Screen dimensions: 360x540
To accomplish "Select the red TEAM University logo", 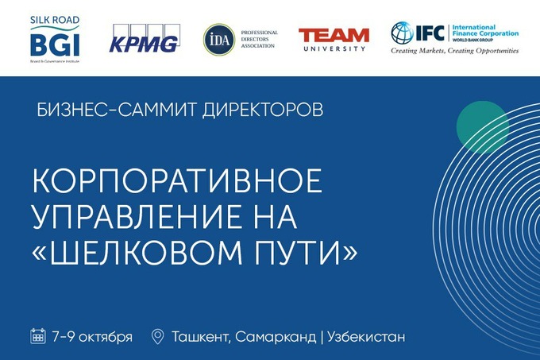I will (x=334, y=39).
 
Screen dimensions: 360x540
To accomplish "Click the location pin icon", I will (x=157, y=336).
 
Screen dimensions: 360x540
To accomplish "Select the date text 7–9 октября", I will (x=92, y=336).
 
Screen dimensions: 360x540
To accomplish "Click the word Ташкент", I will (x=201, y=337).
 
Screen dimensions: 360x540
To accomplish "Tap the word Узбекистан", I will (x=366, y=337).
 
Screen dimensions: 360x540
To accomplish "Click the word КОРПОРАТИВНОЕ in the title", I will (x=177, y=181).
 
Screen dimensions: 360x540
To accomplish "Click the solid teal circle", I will (x=482, y=126).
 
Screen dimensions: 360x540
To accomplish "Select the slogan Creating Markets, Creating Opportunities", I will (x=454, y=50).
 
